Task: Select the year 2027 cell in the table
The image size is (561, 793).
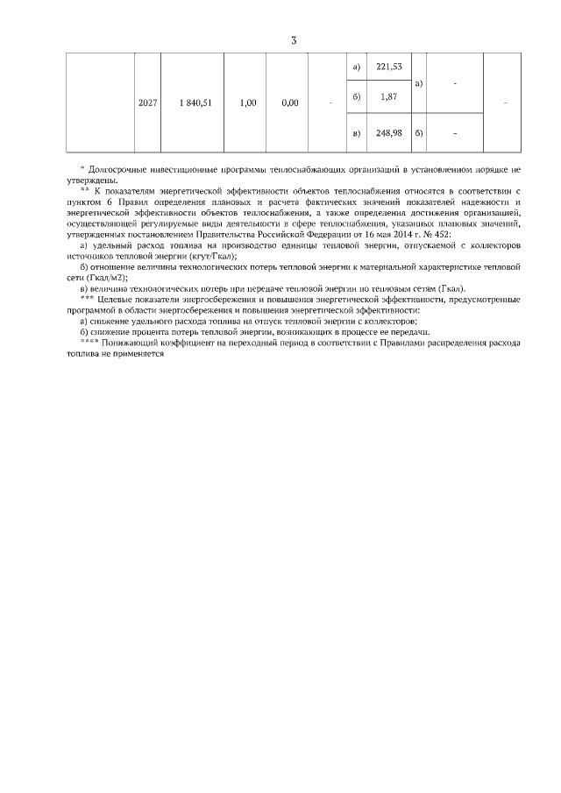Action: [x=148, y=103]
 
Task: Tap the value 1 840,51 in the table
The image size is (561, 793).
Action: [x=195, y=103]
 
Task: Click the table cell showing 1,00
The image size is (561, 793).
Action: [x=247, y=103]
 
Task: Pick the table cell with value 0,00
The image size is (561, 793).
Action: [x=290, y=103]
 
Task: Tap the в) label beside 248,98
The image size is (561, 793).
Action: [x=355, y=133]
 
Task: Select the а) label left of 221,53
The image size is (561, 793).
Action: [x=355, y=67]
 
